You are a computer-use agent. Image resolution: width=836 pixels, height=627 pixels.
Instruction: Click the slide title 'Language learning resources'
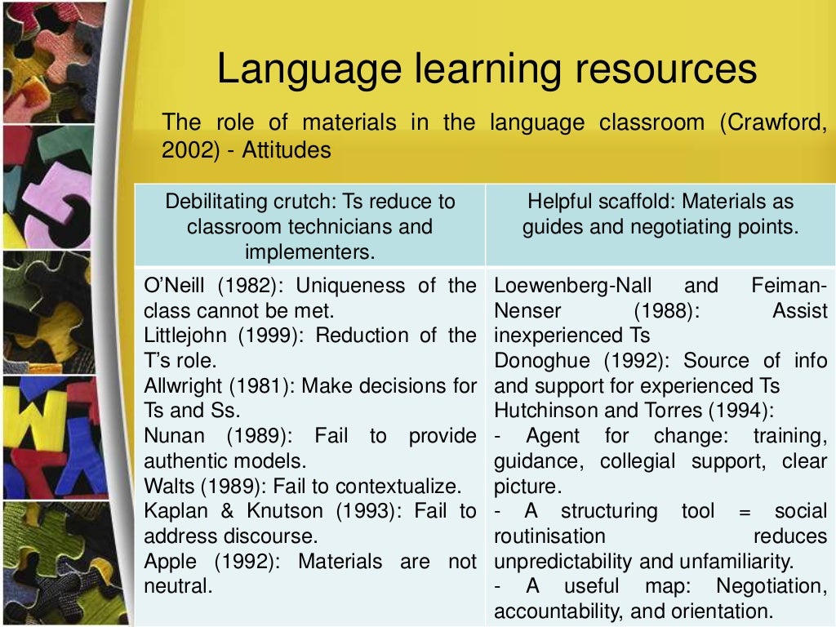[x=487, y=70]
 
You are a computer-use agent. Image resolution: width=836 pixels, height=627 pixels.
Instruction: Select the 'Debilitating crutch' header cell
[x=310, y=225]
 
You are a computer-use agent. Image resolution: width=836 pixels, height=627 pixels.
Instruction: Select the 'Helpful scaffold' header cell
[x=660, y=213]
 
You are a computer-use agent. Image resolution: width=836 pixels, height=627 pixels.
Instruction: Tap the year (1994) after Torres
[x=741, y=411]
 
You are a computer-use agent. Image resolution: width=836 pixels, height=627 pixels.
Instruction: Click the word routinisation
[x=549, y=536]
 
